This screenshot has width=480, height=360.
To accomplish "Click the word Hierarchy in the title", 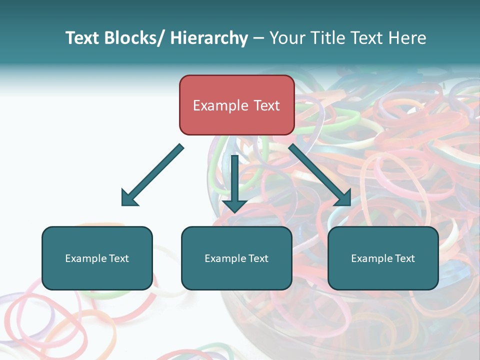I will point(209,38).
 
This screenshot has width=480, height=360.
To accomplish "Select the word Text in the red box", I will point(266,105).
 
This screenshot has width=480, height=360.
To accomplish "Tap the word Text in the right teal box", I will point(404,258).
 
